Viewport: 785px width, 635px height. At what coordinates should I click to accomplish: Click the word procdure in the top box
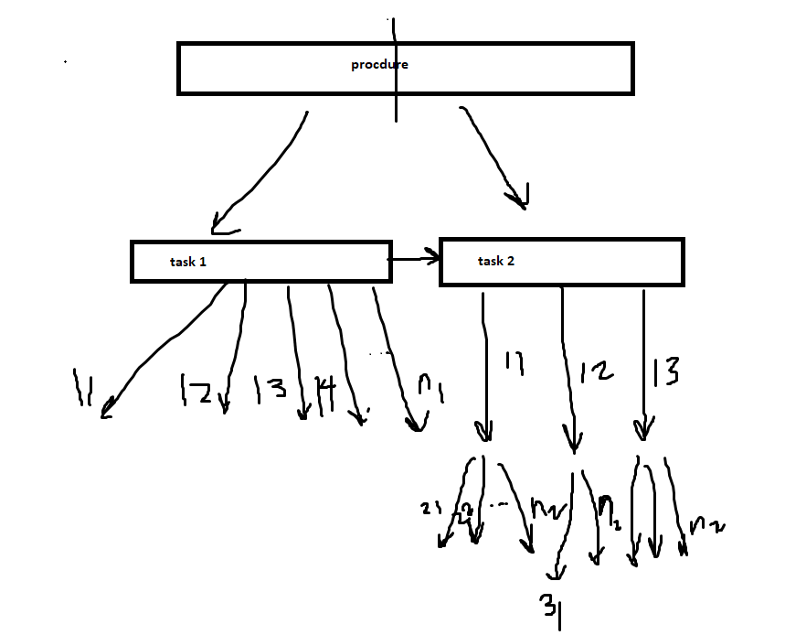coord(379,65)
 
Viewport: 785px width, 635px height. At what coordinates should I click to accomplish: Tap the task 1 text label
coord(188,262)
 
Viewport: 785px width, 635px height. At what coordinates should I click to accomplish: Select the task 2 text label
coord(496,262)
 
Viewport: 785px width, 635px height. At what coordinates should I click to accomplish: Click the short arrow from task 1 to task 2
coord(415,260)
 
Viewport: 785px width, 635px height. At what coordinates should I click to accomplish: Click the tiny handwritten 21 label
coord(431,509)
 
